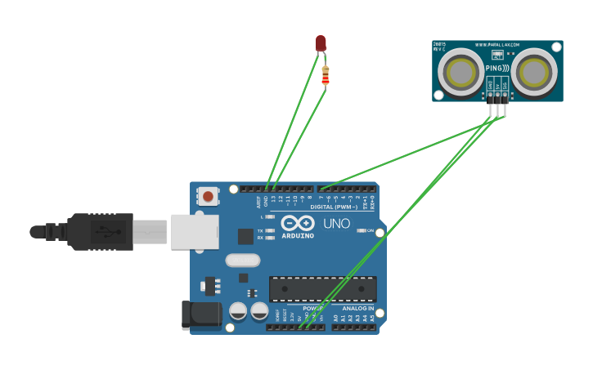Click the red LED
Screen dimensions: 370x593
(321, 43)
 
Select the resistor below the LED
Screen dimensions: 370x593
(326, 76)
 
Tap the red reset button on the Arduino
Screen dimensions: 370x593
(208, 196)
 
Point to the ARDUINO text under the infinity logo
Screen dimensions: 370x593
(298, 235)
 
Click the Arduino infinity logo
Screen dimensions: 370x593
(298, 223)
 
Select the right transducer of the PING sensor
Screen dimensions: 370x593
(535, 72)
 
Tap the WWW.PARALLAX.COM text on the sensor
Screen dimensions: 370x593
(498, 47)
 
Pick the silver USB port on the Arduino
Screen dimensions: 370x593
(195, 231)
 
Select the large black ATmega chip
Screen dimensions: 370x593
(323, 288)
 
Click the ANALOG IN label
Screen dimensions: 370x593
(358, 309)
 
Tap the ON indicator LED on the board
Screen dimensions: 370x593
(361, 230)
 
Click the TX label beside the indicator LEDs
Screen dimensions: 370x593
(260, 231)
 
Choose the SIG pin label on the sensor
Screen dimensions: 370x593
(505, 84)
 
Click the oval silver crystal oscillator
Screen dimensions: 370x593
(242, 261)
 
